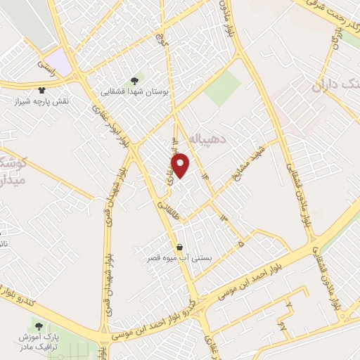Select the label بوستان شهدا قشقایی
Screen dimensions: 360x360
(x=134, y=91)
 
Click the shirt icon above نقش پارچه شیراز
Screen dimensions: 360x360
(x=41, y=90)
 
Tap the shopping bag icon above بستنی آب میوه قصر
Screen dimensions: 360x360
(x=181, y=247)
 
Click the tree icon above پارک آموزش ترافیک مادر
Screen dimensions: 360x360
(x=38, y=326)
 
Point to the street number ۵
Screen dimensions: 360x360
(x=241, y=244)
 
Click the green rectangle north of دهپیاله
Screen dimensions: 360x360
(x=223, y=89)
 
